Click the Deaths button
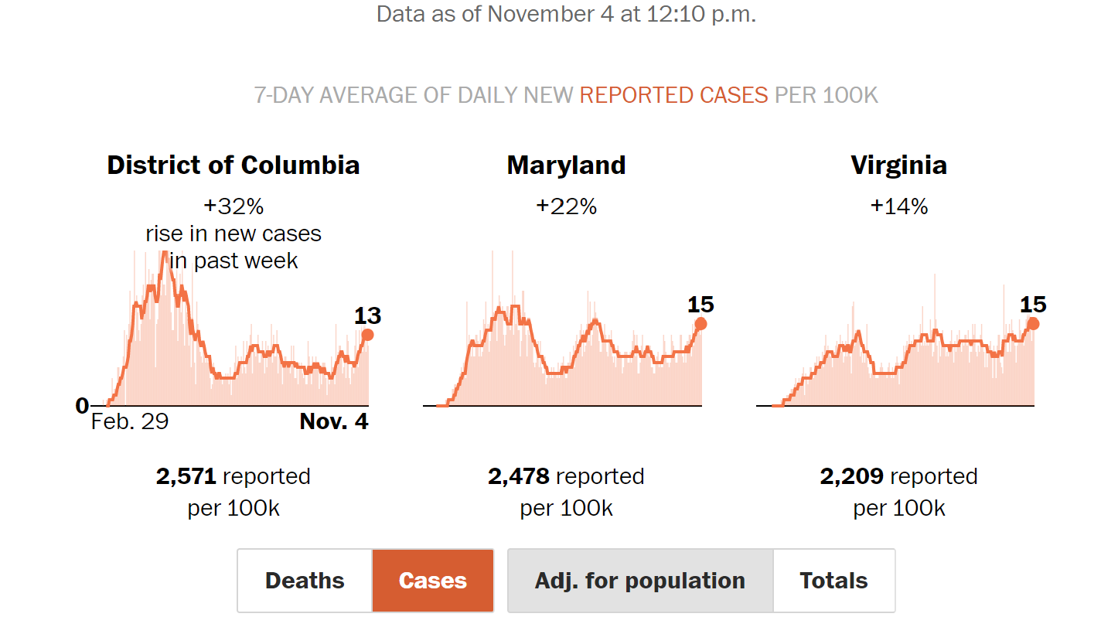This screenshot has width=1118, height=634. (305, 581)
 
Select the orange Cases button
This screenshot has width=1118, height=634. (433, 581)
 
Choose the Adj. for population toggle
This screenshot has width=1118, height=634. (639, 581)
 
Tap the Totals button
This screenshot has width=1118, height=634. (833, 581)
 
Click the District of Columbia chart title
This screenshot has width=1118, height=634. (233, 165)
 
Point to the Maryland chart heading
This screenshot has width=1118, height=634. (566, 165)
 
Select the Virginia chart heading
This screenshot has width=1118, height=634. (898, 165)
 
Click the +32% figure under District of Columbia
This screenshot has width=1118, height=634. (233, 206)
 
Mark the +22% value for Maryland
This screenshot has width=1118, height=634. (566, 206)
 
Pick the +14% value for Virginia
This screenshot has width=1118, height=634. (898, 206)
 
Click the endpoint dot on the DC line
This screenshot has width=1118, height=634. (367, 335)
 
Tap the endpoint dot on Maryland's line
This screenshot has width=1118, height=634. (700, 324)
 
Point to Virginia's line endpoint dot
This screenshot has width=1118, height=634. (1033, 324)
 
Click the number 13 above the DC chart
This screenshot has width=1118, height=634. (367, 315)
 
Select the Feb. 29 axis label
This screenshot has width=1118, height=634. (130, 421)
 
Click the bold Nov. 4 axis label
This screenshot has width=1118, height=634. (334, 421)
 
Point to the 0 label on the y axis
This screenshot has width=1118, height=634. (82, 406)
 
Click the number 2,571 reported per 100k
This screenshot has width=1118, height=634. (186, 476)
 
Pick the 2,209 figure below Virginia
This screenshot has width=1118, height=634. (851, 476)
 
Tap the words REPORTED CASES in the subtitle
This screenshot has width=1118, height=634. (673, 95)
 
